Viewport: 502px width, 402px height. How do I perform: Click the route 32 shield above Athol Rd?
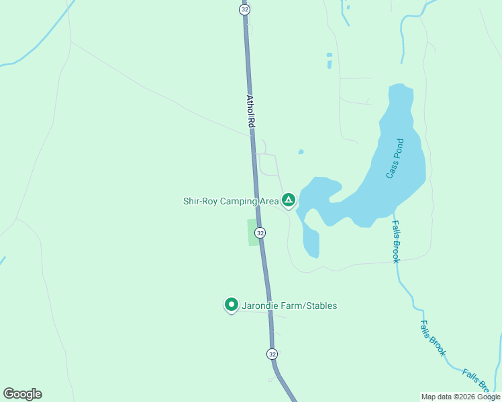coord(244,9)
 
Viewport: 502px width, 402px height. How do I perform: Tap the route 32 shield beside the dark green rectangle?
coord(260,232)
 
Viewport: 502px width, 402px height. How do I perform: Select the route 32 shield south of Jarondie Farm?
coord(272,354)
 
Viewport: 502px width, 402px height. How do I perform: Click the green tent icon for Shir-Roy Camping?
coord(289,200)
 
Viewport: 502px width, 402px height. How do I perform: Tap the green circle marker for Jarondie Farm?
coord(232,305)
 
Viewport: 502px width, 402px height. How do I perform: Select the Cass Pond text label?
coord(395,158)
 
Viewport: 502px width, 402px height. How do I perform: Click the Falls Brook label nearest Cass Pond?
coord(395,242)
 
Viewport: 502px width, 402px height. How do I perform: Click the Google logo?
coord(22,394)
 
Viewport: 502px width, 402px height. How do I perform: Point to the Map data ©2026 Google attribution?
coord(460,397)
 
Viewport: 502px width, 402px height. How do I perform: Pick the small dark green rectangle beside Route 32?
coord(253,232)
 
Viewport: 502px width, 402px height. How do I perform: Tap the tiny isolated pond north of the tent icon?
coord(301,152)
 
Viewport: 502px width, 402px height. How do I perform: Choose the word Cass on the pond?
coord(391,170)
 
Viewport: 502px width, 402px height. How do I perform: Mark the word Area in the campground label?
coord(269,201)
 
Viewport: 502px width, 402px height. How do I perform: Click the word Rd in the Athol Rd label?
coord(252,123)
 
